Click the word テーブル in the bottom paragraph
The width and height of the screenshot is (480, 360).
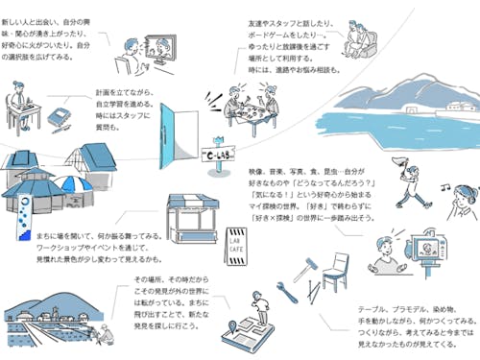click(372, 309)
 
